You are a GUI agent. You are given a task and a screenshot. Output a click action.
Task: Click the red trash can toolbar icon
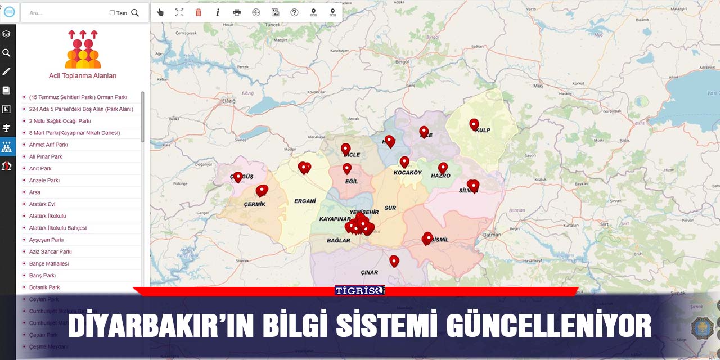(198, 12)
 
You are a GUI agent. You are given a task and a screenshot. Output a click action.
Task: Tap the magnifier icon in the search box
(135, 12)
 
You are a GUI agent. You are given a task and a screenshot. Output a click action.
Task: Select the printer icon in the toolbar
(237, 12)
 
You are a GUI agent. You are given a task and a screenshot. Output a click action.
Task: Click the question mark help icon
(294, 12)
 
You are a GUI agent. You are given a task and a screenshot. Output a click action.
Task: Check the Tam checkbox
(112, 12)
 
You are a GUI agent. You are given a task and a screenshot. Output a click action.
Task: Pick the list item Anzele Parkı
(44, 181)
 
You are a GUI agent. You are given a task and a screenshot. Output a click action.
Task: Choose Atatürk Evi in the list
(42, 204)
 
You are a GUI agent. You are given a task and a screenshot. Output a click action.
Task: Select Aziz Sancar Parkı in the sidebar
(51, 251)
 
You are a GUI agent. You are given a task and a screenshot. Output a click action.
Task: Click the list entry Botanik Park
(44, 287)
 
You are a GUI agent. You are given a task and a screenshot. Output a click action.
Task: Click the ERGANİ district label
(305, 201)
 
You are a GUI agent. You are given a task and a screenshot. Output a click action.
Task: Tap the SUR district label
(390, 208)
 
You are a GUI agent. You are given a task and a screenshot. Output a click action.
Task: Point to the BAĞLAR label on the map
(339, 241)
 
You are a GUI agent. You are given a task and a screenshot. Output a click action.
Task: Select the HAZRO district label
(440, 175)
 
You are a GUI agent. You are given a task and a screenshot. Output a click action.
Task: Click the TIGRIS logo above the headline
(359, 290)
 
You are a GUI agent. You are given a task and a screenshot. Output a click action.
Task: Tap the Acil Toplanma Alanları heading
(83, 76)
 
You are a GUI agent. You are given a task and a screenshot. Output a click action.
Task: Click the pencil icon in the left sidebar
(7, 71)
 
